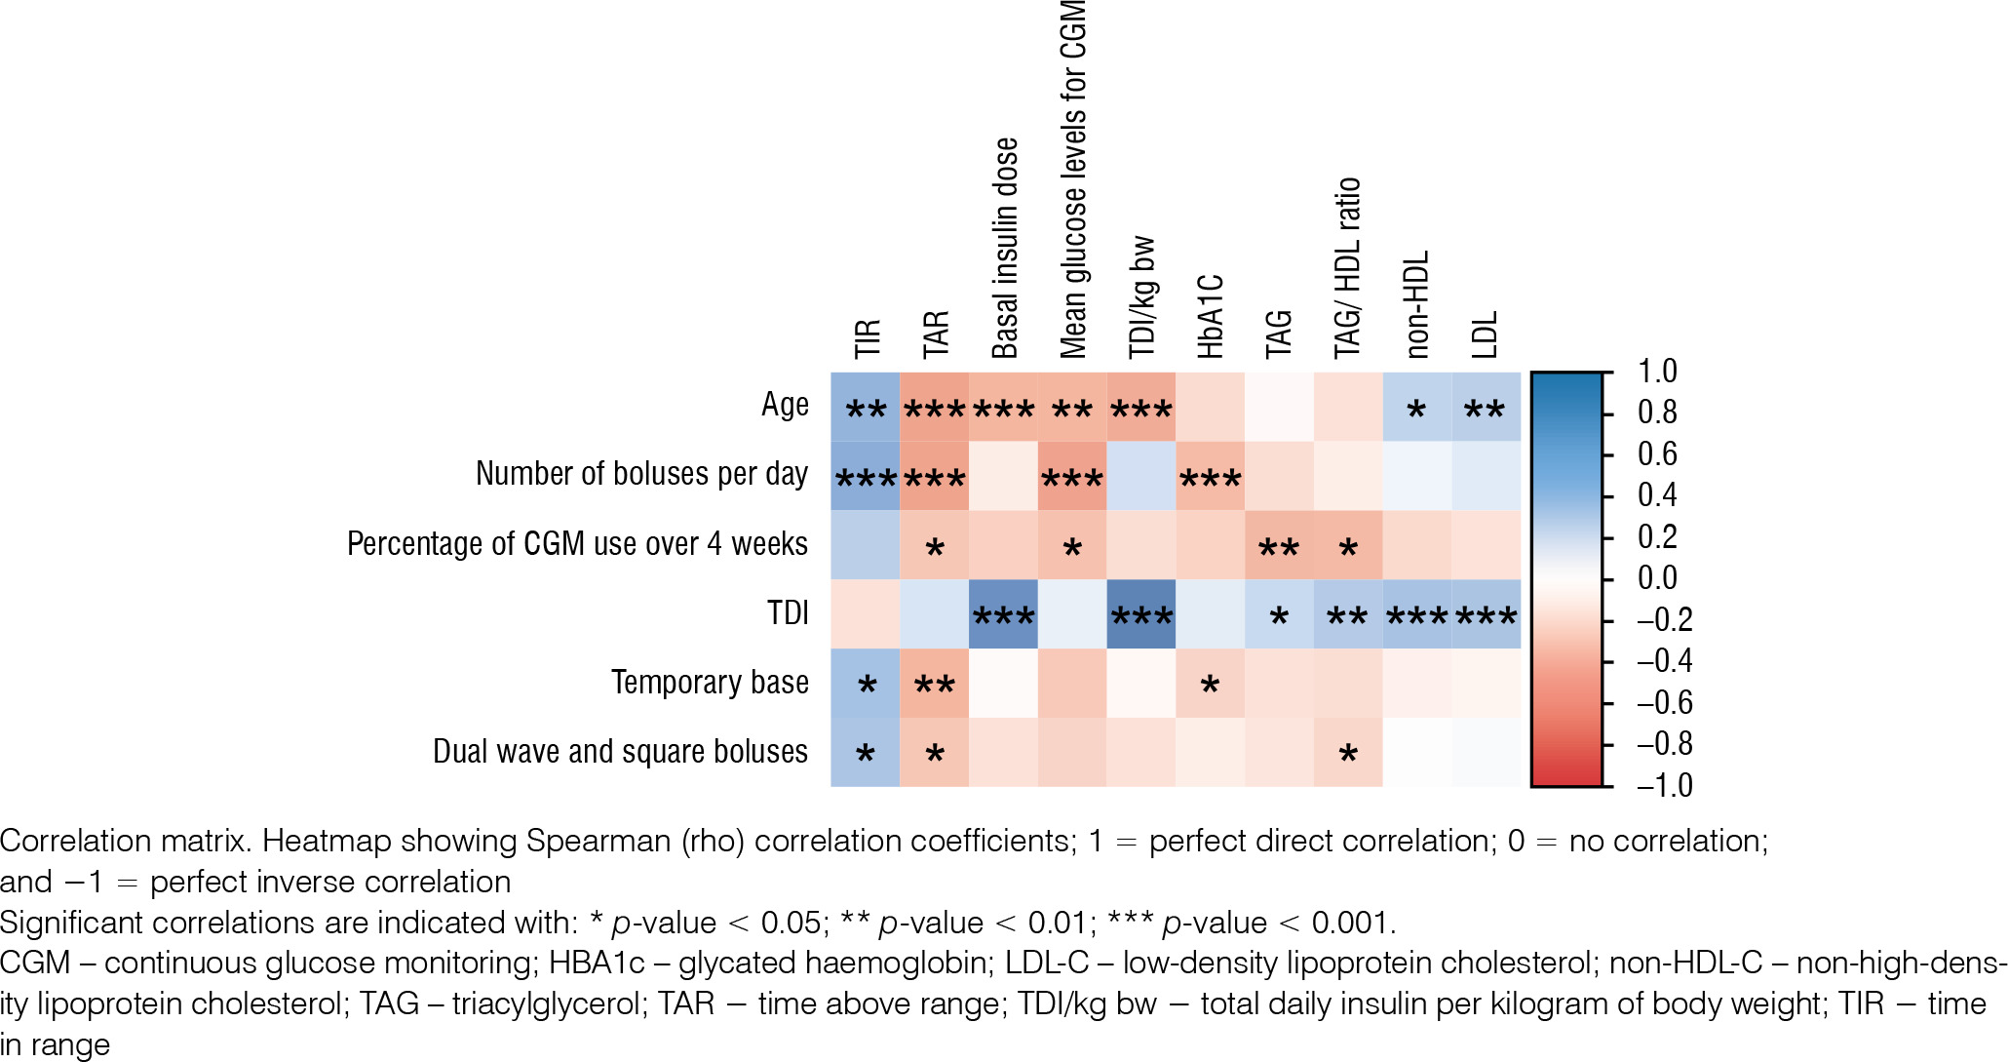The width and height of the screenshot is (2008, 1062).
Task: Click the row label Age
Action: (x=785, y=405)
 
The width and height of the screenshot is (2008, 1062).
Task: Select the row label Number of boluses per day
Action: (x=641, y=474)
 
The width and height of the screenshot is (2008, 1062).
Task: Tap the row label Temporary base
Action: (x=710, y=683)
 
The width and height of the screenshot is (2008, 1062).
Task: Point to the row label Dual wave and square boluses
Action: (x=620, y=752)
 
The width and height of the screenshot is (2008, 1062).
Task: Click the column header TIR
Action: (x=867, y=338)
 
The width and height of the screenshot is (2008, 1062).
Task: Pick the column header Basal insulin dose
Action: (x=1004, y=249)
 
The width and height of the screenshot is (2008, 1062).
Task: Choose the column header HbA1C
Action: (x=1210, y=316)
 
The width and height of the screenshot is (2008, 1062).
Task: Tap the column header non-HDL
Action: (x=1416, y=304)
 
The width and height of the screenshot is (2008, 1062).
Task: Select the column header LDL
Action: (x=1485, y=334)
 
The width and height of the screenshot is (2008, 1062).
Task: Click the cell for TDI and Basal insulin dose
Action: (x=1003, y=614)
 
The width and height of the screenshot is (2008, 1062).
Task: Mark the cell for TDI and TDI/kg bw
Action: (x=1140, y=614)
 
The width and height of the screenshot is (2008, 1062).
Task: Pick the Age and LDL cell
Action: (x=1486, y=407)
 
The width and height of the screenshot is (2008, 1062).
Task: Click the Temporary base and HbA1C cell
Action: (x=1210, y=684)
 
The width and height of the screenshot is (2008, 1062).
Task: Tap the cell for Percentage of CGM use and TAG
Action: (x=1279, y=545)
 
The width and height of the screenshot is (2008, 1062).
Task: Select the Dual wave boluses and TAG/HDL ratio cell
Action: (x=1348, y=752)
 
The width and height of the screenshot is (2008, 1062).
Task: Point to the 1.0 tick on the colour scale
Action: (x=1657, y=372)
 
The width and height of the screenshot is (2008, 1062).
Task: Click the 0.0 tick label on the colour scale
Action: (x=1657, y=578)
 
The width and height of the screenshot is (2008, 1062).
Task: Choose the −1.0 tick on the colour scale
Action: (x=1663, y=785)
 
